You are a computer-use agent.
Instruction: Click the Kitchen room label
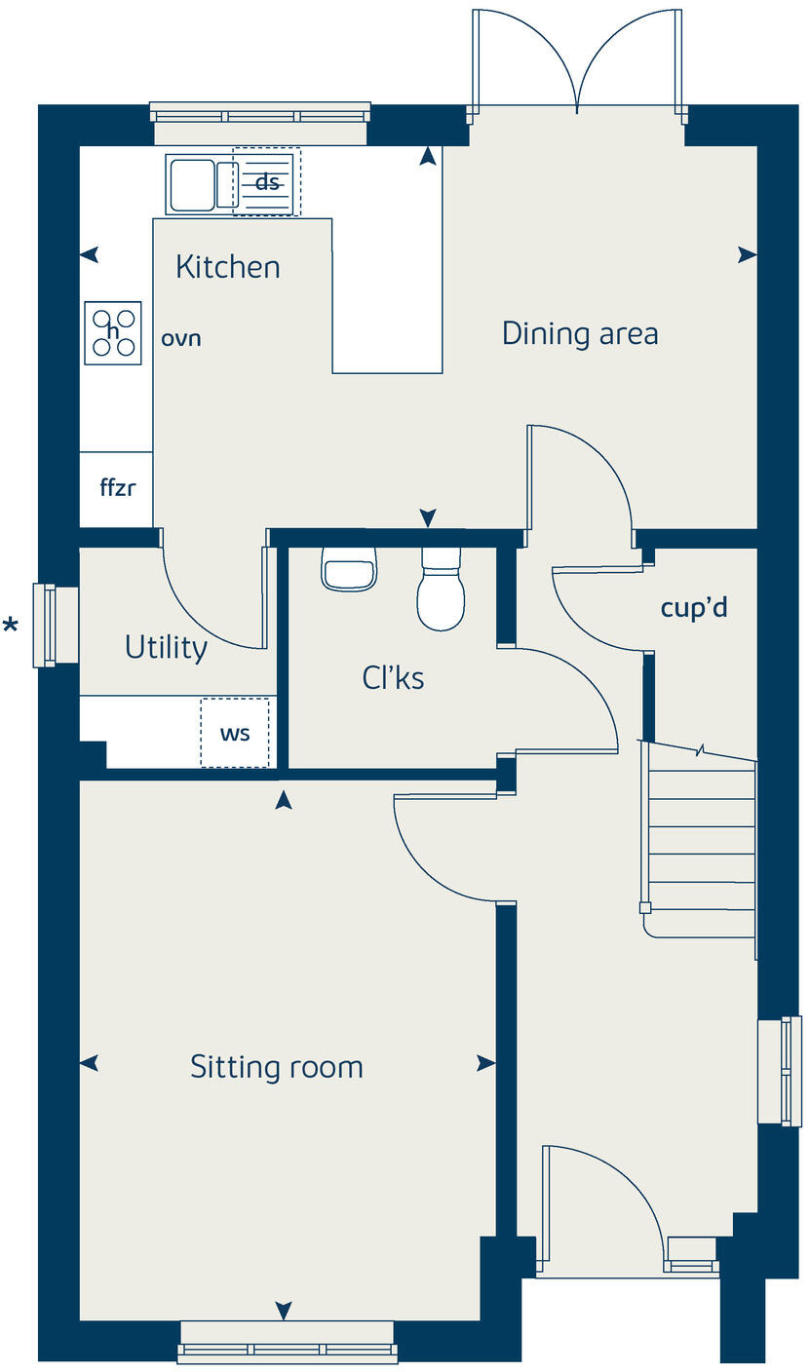pos(227,267)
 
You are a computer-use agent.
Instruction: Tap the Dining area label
pos(580,334)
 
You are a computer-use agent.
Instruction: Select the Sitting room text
pos(277,1067)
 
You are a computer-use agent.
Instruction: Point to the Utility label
pos(166,648)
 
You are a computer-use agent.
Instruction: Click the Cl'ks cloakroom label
pos(393,678)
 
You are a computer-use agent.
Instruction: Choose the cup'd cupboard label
pos(694,608)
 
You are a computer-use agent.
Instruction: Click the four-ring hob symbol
pos(113,332)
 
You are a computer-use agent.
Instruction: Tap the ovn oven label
pos(181,339)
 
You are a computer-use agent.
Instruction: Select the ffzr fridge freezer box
pos(116,488)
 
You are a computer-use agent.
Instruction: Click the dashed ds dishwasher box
pos(267,182)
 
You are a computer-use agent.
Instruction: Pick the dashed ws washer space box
pos(235,733)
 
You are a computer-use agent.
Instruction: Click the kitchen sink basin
pos(192,185)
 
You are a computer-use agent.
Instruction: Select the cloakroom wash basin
pos(349,570)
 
